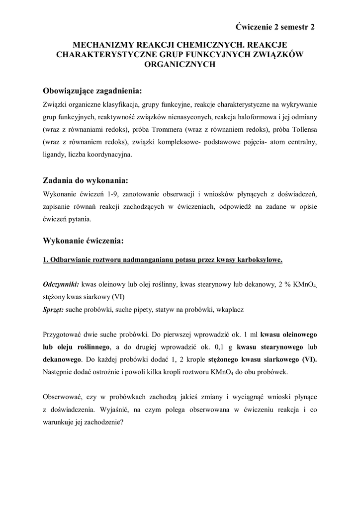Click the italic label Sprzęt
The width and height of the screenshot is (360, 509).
(x=53, y=309)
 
